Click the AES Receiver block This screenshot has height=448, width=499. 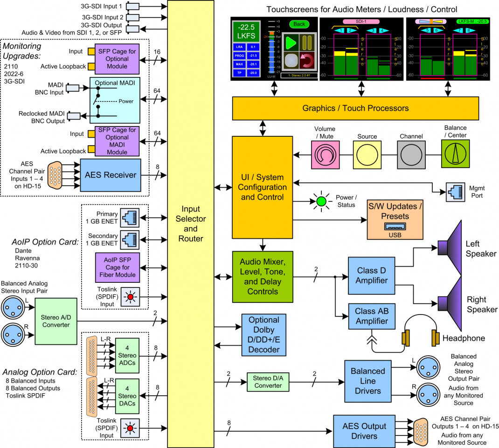[110, 175]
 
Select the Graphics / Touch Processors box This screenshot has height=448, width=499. [355, 108]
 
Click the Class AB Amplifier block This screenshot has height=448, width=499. [371, 316]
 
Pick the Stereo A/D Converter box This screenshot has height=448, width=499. [55, 322]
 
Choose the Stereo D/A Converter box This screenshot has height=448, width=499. [268, 382]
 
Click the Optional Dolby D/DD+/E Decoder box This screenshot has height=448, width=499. [263, 335]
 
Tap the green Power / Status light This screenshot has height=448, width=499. [321, 202]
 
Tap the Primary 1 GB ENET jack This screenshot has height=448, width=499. [128, 217]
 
